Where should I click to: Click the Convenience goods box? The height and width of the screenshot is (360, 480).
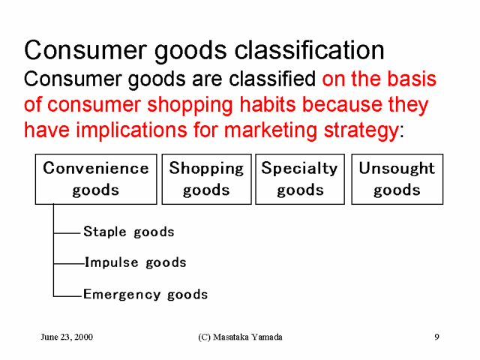96,179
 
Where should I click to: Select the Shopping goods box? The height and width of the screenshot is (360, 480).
207,179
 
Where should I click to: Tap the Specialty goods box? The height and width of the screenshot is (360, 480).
300,179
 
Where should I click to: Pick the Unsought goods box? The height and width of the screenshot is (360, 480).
397,179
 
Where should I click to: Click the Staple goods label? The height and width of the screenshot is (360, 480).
129,232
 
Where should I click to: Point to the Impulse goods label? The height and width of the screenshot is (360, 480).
135,262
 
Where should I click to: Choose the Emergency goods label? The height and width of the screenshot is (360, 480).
145,295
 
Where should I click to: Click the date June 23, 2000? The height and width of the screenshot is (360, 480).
67,337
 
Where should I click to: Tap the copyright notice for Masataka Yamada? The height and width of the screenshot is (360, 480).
240,337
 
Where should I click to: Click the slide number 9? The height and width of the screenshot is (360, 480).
436,337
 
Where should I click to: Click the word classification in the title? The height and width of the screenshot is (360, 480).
309,50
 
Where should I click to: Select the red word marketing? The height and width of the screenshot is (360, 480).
271,130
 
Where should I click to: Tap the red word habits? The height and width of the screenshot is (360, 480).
268,104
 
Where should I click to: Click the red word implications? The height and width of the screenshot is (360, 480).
131,130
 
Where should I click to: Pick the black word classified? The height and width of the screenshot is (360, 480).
272,79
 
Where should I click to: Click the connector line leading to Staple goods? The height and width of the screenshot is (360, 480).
67,233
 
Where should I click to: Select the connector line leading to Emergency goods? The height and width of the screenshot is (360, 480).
67,296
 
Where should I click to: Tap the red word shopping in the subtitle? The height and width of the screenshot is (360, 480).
190,105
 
